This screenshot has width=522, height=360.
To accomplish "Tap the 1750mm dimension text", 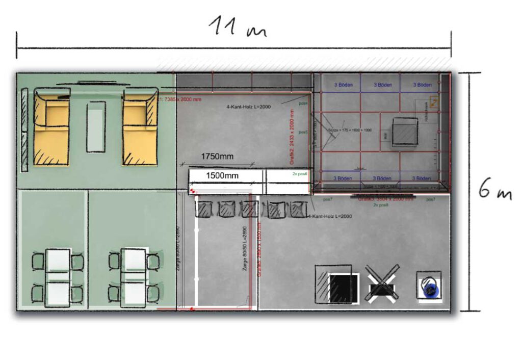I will (217, 156).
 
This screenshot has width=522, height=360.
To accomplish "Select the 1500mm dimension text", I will (222, 175).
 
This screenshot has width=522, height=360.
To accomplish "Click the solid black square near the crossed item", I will (344, 289).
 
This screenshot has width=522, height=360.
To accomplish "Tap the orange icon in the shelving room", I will (434, 102).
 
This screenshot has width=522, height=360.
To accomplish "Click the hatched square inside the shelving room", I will (406, 132).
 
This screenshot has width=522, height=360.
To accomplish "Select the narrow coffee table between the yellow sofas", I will (96, 126).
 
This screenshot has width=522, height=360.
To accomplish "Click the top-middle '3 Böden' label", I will (382, 85).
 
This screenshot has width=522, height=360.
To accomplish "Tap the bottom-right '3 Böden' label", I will (421, 178).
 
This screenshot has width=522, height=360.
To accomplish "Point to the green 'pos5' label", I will (303, 132).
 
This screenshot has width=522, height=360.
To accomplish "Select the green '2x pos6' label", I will (300, 174).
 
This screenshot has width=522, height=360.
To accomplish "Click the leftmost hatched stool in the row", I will (204, 210).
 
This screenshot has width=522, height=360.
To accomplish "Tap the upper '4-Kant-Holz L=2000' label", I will (247, 107).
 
